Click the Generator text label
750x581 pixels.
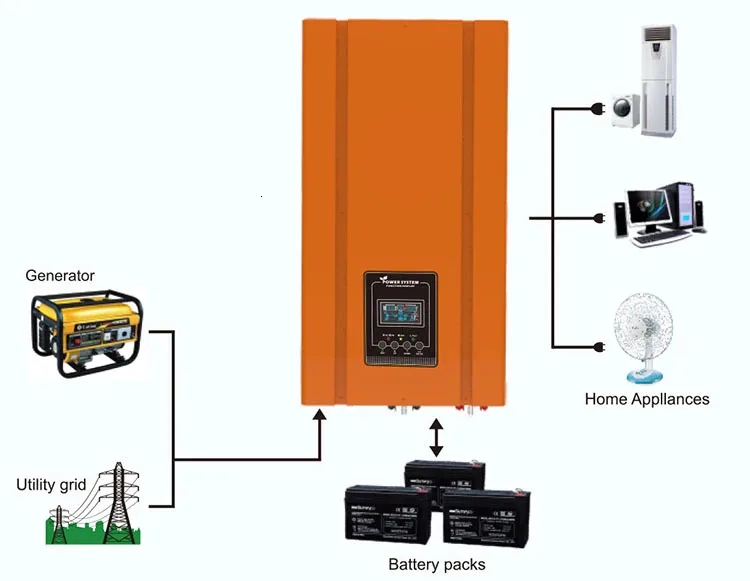60,275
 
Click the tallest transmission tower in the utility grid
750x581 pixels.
119,500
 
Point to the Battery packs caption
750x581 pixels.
436,564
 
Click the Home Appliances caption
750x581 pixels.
646,399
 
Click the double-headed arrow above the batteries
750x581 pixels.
436,438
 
